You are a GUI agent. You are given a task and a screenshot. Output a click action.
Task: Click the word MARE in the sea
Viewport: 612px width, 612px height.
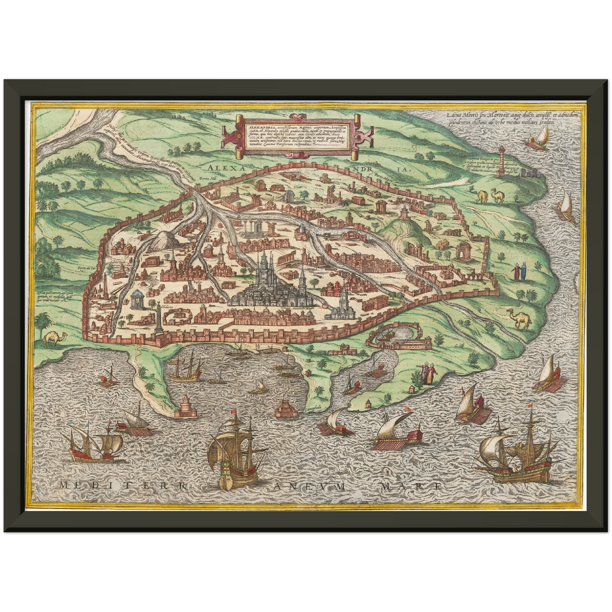click(411, 486)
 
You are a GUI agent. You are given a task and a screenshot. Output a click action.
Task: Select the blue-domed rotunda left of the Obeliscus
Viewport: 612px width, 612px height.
click(137, 300)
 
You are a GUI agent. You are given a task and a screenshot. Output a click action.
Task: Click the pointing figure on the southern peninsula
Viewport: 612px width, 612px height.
click(424, 373)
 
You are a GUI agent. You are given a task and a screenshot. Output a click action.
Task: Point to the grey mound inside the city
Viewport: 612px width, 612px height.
click(163, 241)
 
